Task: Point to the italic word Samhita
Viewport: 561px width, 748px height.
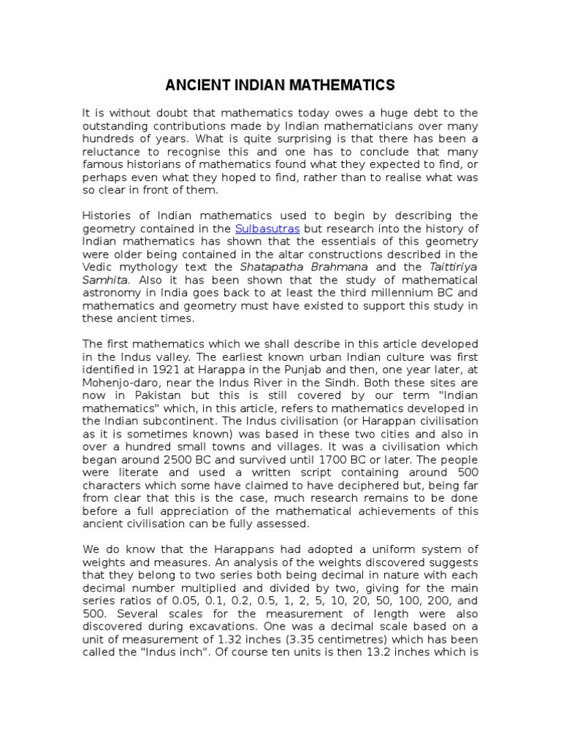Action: [x=104, y=280]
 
